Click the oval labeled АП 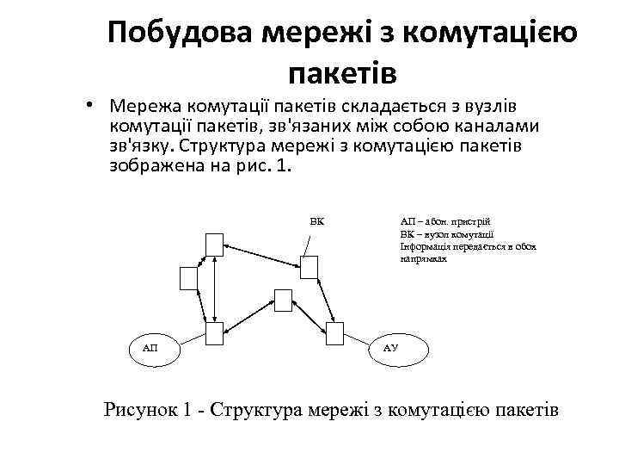pos(150,347)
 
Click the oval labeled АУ pos(389,347)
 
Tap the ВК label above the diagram pos(316,220)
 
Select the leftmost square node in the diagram pos(188,278)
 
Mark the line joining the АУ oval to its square pos(360,338)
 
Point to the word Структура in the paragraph pos(224,146)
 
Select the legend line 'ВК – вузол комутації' pos(446,233)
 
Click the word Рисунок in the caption pos(139,408)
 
